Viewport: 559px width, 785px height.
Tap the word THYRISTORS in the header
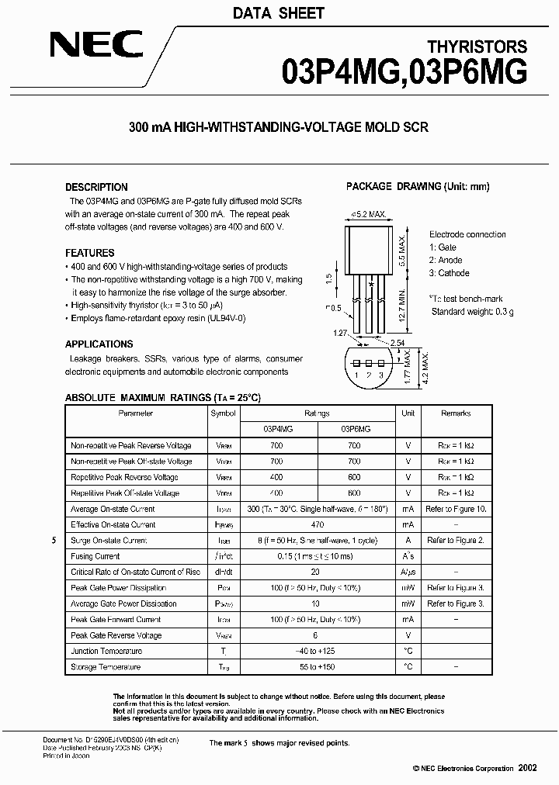point(477,47)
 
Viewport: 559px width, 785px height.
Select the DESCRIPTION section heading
point(96,187)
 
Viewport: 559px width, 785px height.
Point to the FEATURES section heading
point(89,253)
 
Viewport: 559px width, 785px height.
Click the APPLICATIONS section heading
point(99,344)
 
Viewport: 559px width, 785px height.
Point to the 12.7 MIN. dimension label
point(401,307)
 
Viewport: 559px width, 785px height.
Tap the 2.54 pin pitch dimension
point(397,342)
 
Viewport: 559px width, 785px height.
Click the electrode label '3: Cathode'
point(450,273)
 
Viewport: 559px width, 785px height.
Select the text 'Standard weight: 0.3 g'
point(472,311)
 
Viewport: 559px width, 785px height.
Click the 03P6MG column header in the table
point(355,429)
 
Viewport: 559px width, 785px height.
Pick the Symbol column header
point(223,413)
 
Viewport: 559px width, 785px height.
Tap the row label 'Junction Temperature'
point(106,651)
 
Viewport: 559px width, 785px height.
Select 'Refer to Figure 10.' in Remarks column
point(456,509)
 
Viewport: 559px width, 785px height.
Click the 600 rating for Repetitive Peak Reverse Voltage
point(355,477)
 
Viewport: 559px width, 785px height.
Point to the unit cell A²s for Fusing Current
point(408,556)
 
